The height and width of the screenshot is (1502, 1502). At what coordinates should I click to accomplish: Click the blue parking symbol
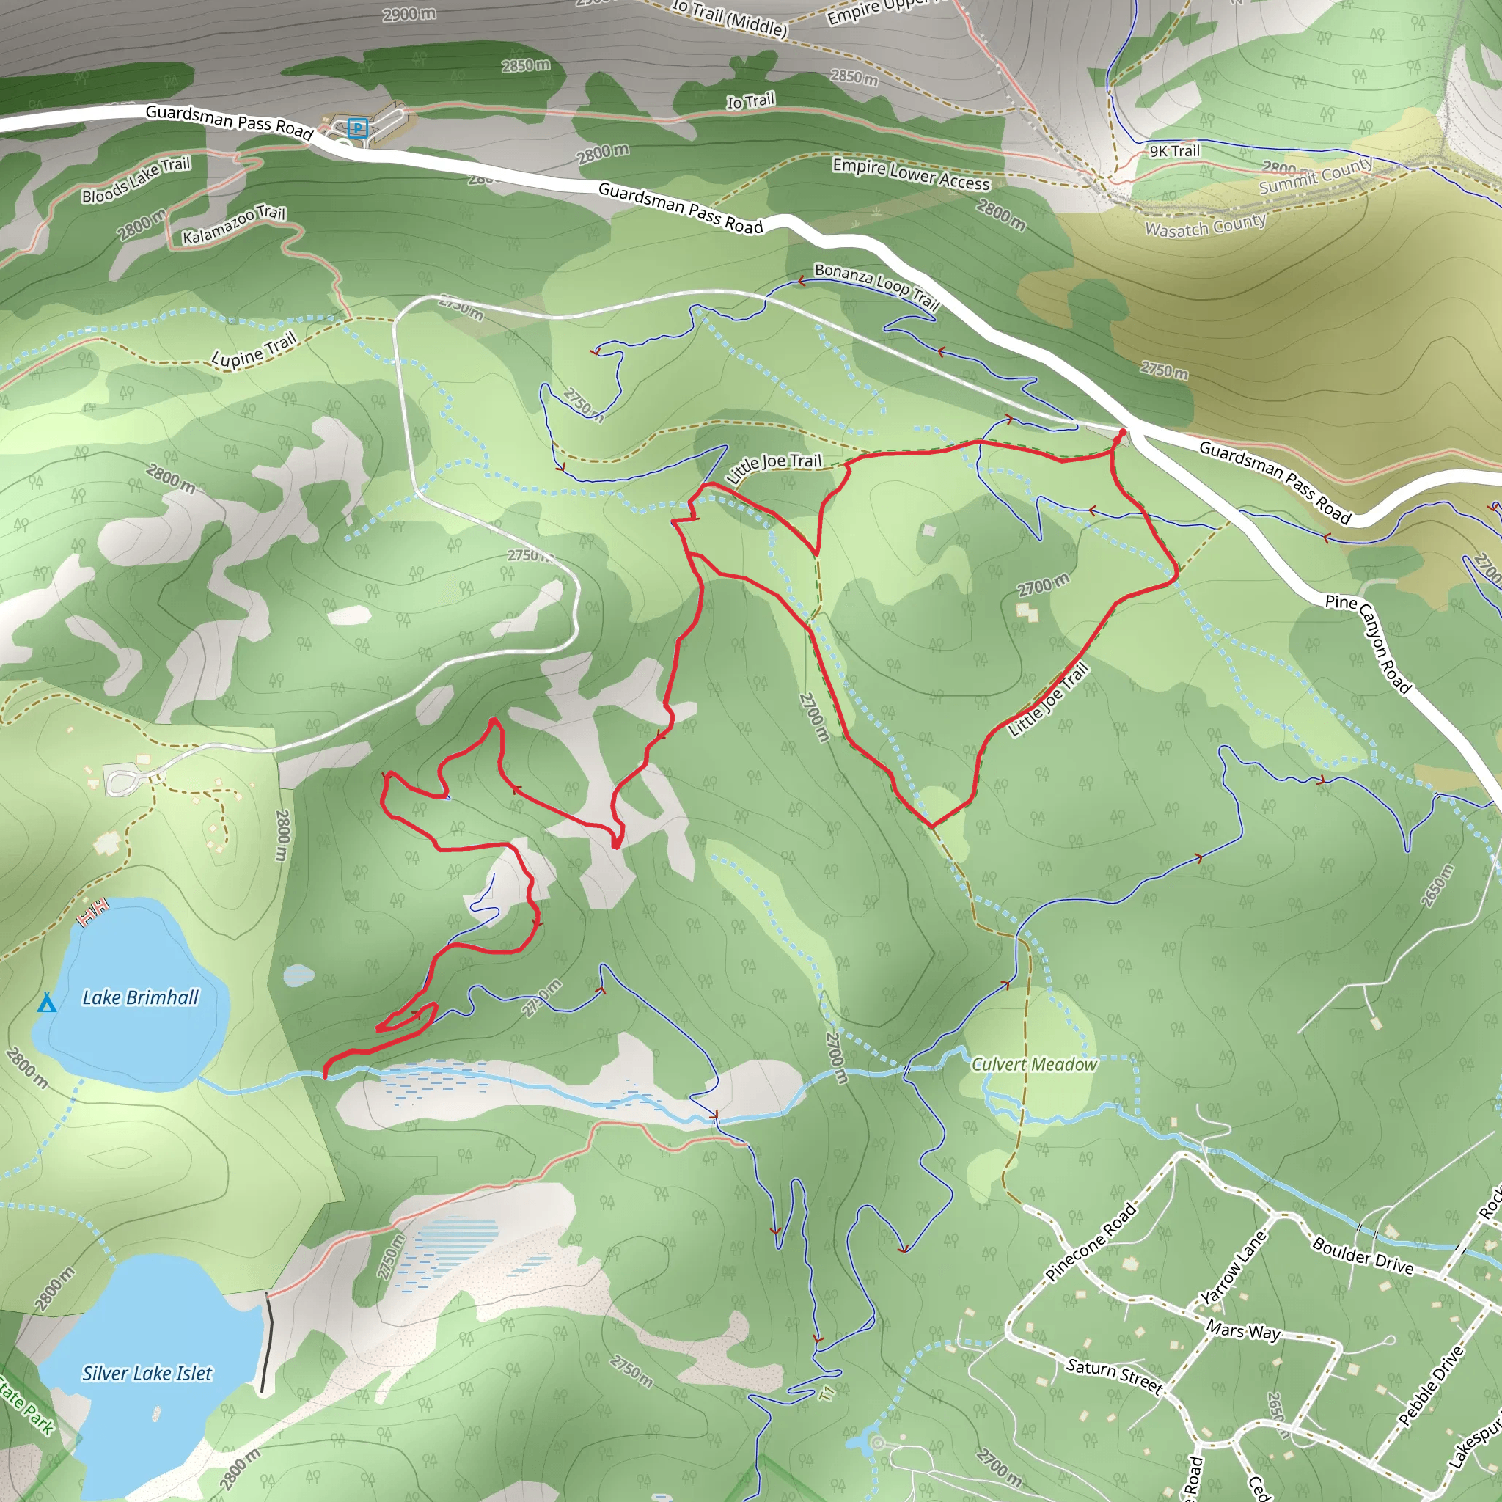point(357,128)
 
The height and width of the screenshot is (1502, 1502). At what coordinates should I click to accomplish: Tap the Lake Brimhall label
point(141,997)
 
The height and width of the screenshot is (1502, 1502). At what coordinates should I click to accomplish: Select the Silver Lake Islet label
point(147,1374)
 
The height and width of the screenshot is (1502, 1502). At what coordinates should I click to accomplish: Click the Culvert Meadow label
point(1034,1064)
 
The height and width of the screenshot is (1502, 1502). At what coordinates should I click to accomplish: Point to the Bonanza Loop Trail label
point(876,285)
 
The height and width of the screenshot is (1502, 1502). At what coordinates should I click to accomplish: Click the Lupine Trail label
point(254,349)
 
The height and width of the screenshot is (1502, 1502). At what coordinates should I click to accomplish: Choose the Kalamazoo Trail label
point(234,224)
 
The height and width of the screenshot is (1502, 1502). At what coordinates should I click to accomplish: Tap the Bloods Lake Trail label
point(136,180)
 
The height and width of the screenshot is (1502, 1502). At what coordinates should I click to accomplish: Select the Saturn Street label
point(1114,1376)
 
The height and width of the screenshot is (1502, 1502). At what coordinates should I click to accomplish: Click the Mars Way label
point(1243,1330)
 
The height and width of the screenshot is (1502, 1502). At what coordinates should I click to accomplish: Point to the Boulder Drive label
point(1363,1256)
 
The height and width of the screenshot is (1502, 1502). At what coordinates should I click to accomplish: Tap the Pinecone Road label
point(1091,1242)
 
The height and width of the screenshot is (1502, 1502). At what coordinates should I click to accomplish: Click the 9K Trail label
point(1175,151)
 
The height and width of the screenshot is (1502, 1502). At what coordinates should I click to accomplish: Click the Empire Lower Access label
point(911,174)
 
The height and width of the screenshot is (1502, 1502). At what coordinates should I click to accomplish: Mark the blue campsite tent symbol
point(47,1002)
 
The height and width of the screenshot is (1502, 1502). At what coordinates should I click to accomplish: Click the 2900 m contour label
point(409,14)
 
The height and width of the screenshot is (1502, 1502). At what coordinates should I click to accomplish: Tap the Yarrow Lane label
point(1234,1268)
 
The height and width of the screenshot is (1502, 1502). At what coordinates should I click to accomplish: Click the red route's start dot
point(1122,432)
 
